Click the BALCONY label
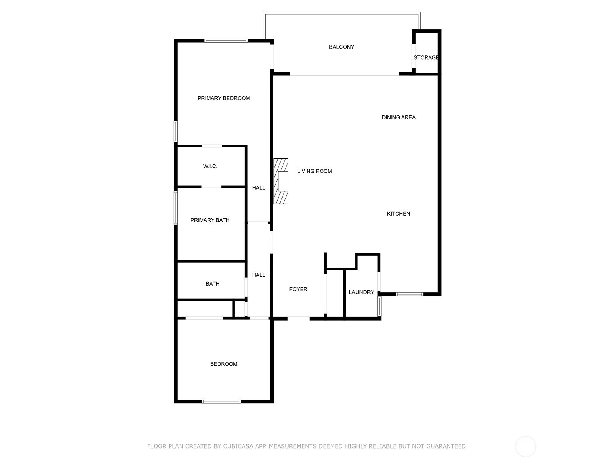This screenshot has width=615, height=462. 341,47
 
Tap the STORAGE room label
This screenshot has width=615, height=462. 426,57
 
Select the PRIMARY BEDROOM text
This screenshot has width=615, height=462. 224,98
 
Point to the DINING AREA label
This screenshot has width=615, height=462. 399,117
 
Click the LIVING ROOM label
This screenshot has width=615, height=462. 314,171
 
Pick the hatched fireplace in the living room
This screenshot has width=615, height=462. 281,181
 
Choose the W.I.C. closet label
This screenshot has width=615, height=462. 210,166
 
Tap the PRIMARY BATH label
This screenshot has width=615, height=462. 210,220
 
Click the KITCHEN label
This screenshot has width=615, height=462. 399,214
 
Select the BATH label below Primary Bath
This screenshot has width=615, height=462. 213,284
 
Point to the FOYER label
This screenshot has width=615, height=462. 298,289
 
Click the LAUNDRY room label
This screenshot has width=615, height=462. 361,292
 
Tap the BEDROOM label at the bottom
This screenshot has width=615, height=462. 224,364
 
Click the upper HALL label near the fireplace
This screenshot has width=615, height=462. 258,188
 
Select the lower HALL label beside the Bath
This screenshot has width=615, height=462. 258,275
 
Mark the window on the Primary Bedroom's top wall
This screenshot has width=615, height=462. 226,41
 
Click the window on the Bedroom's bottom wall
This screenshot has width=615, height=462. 221,402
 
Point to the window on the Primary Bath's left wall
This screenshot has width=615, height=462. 176,208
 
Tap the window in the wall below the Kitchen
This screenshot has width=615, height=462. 409,294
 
